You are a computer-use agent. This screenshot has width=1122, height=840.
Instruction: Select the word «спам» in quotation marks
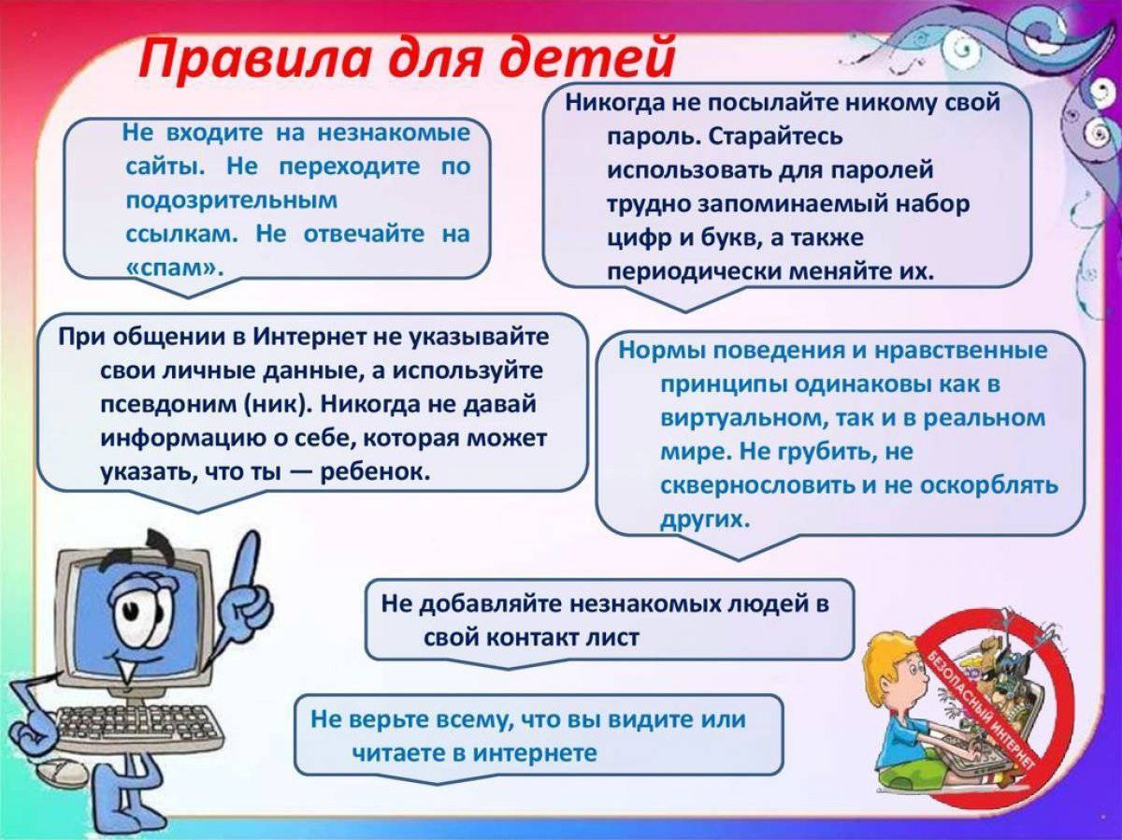click(174, 268)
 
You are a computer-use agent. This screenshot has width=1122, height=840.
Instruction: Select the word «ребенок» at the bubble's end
click(376, 471)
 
